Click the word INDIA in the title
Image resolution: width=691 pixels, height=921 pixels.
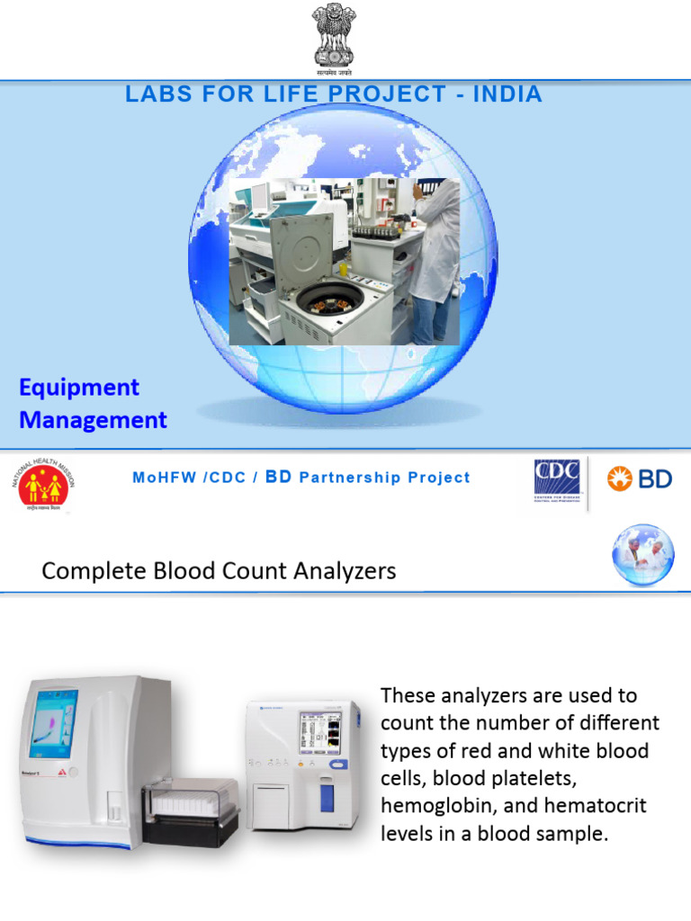coord(510,94)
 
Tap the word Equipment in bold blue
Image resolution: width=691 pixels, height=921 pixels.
coord(79,388)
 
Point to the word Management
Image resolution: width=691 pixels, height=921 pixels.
coord(93,420)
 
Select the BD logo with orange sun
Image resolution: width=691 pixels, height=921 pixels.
coord(639,478)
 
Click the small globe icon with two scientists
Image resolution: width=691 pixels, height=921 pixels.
coord(643,555)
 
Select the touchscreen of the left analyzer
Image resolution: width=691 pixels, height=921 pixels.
coord(53,723)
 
